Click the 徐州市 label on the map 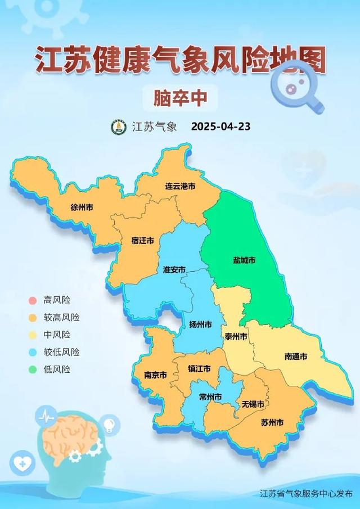[82, 207]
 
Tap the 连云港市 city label [180, 186]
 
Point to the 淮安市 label [174, 269]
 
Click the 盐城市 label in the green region [244, 260]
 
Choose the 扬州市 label [201, 325]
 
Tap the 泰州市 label [236, 336]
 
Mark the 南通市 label [295, 357]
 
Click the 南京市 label [156, 375]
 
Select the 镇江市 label [199, 369]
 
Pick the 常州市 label [210, 397]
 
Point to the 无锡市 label [253, 404]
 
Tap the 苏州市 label [272, 422]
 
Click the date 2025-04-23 [220, 127]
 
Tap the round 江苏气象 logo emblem [118, 127]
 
